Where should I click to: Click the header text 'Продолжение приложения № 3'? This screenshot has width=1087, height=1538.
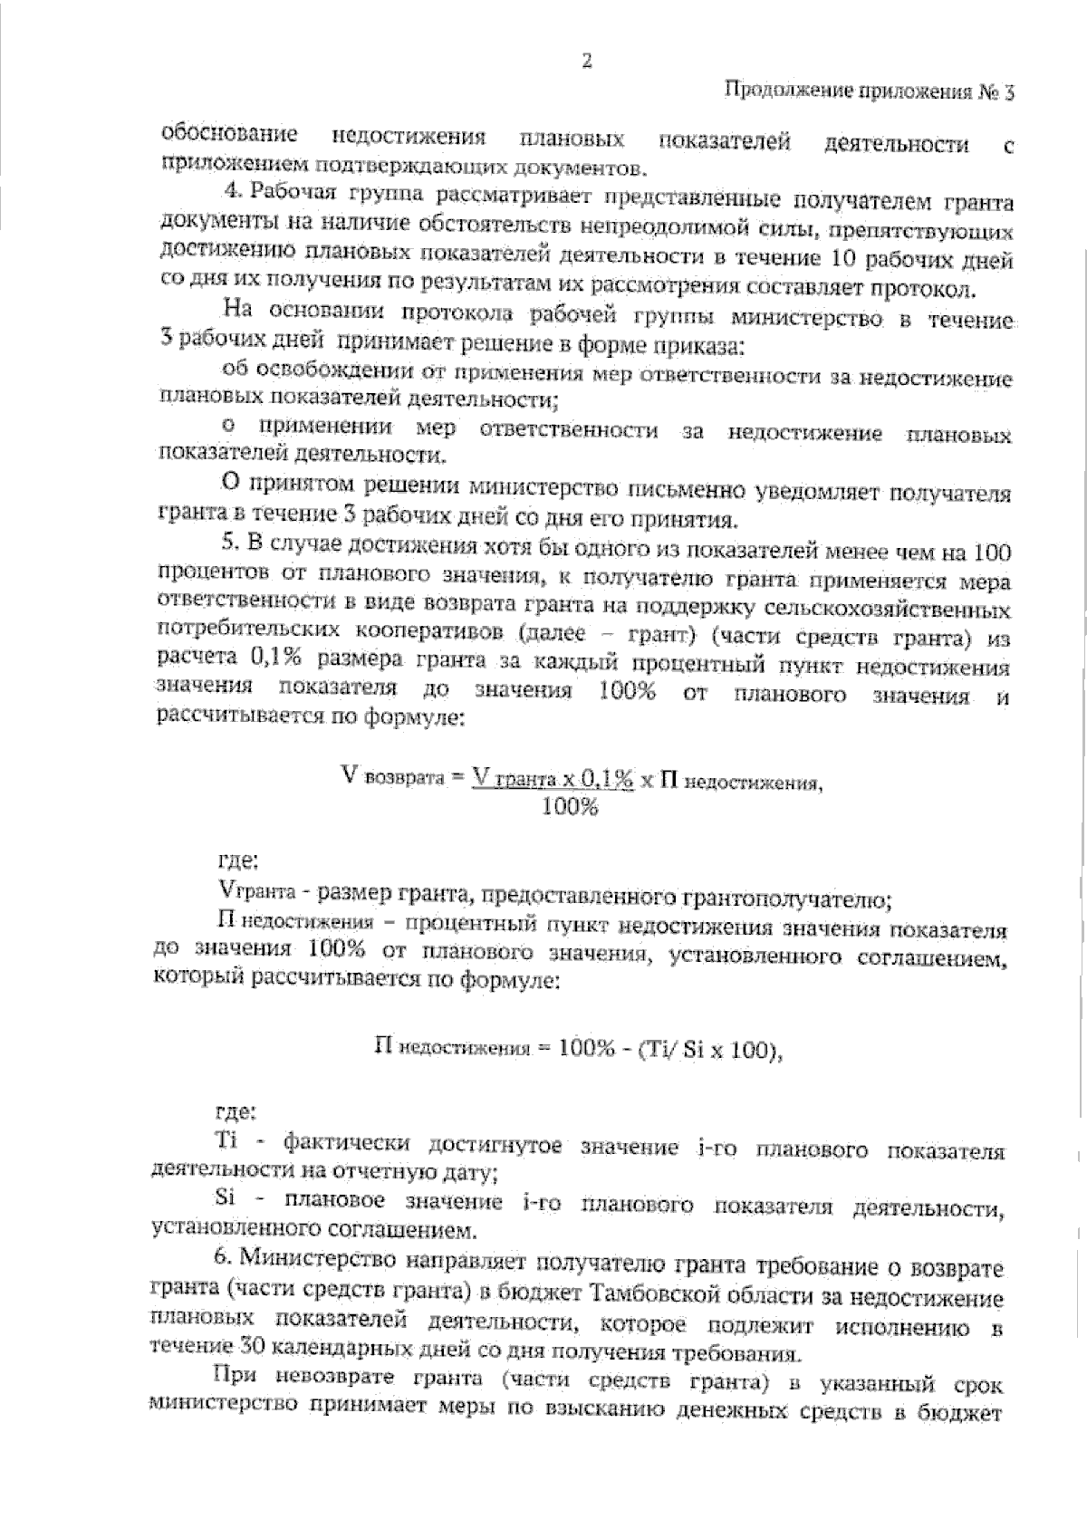pos(871,92)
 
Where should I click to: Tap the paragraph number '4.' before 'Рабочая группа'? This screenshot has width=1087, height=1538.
pos(232,191)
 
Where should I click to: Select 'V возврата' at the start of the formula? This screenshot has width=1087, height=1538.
pos(390,777)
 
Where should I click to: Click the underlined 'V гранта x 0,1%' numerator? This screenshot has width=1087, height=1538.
pos(553,777)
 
